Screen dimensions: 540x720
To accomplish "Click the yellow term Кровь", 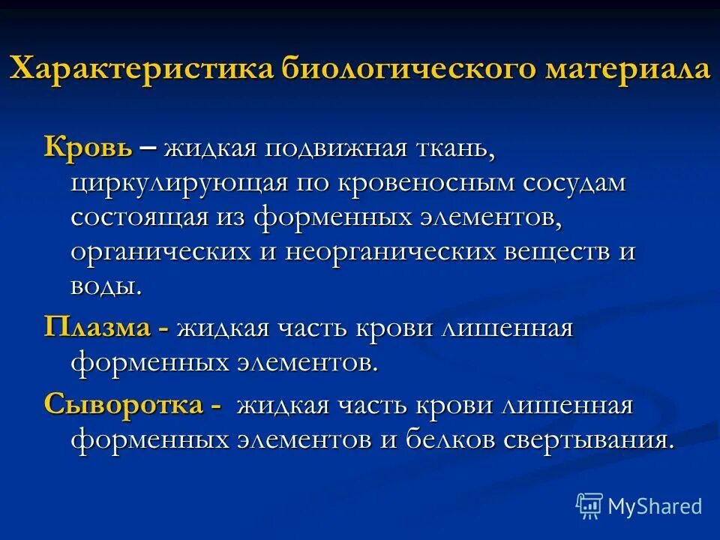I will tap(88, 147).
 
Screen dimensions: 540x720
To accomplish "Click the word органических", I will tap(161, 253).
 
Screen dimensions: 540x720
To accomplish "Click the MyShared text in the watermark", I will tap(654, 506).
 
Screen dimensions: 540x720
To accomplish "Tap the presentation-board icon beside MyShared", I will tap(589, 506).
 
